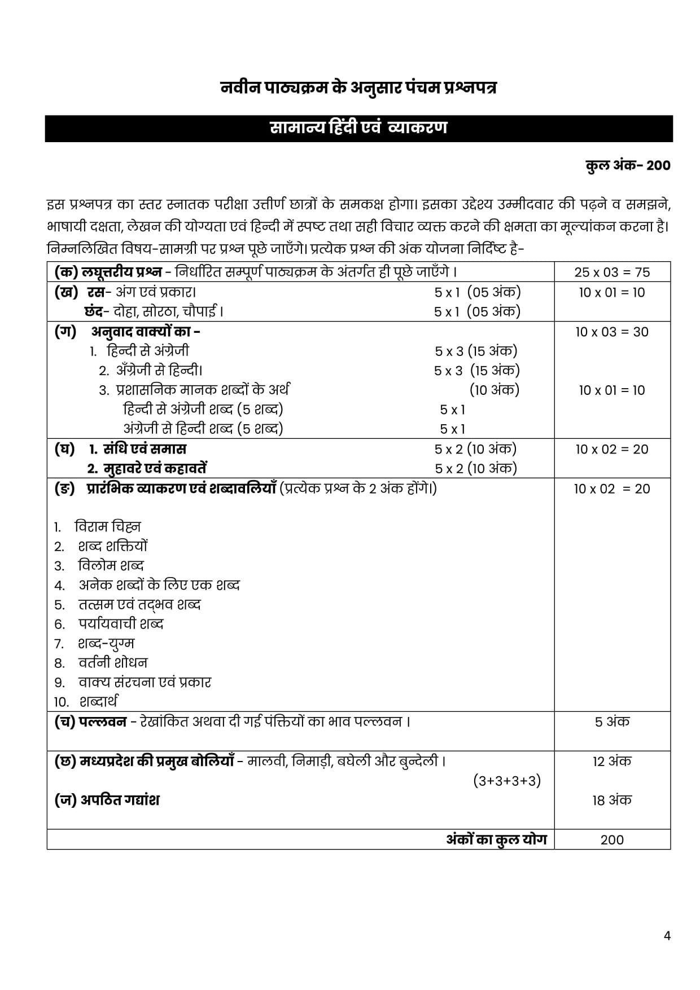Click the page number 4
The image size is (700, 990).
point(667,936)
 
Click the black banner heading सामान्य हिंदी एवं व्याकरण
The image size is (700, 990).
point(358,128)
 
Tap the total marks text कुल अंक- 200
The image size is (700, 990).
point(628,165)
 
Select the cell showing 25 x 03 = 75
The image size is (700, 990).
point(612,272)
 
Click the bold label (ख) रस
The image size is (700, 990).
point(80,292)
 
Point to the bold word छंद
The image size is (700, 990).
point(93,311)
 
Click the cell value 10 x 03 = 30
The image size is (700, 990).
point(612,332)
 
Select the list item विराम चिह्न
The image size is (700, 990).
point(107,526)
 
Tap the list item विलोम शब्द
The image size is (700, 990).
point(111,565)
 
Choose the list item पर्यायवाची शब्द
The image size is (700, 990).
point(121,624)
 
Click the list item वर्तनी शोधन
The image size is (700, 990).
point(112,663)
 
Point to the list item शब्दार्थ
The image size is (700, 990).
point(98,702)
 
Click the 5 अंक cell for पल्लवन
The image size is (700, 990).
point(612,721)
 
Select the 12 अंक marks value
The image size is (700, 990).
point(612,761)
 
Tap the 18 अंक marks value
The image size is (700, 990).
point(612,800)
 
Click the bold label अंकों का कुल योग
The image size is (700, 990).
point(496,839)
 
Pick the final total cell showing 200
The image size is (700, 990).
point(612,839)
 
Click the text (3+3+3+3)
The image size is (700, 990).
point(506,781)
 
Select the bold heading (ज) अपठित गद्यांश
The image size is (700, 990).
point(107,800)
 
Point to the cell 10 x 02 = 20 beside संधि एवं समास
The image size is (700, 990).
point(612,449)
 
